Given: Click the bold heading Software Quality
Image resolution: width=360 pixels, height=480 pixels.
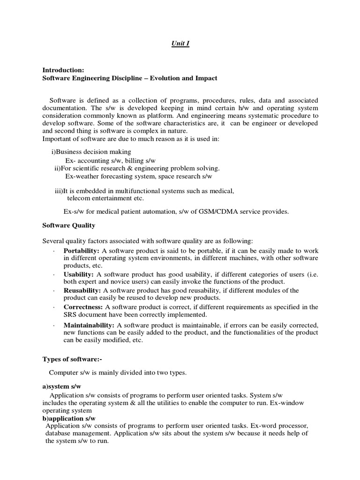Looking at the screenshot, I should click(x=69, y=225).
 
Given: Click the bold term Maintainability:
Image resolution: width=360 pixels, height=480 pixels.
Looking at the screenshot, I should click(x=89, y=325).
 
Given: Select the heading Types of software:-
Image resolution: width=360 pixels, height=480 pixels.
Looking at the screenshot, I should click(x=72, y=359).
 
